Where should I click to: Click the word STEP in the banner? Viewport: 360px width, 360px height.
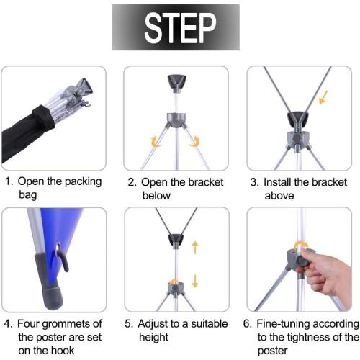180,28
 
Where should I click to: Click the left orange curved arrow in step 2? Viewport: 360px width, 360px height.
156,142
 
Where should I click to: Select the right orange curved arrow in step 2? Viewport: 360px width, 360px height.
195,141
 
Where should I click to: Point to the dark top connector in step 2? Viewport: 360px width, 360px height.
177,83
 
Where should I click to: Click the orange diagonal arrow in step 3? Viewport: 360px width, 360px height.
323,98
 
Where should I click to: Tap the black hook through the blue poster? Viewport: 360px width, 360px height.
63,258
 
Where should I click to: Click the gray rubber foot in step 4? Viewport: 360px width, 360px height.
49,283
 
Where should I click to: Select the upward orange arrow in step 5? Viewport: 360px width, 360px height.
195,248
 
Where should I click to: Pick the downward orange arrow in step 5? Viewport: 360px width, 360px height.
195,281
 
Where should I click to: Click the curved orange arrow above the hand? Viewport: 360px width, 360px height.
301,245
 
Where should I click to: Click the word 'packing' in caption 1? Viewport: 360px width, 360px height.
83,182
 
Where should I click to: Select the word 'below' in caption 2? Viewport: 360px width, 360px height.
156,196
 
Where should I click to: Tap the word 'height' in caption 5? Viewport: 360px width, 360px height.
153,338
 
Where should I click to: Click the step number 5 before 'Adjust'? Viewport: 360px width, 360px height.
128,324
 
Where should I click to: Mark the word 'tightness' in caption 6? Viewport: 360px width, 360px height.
309,338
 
